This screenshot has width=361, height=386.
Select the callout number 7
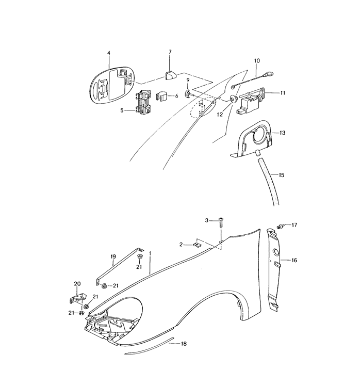click(171, 53)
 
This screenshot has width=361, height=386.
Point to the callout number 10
click(256, 61)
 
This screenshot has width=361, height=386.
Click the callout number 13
click(282, 133)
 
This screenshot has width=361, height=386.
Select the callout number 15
click(281, 175)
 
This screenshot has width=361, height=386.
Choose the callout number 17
click(294, 224)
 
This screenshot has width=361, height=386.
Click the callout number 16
click(294, 261)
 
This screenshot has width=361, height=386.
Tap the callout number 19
click(112, 256)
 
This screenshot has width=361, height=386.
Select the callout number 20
click(78, 283)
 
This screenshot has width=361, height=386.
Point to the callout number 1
click(150, 254)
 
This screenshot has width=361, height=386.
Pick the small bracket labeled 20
click(76, 299)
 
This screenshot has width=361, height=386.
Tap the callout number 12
click(220, 115)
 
